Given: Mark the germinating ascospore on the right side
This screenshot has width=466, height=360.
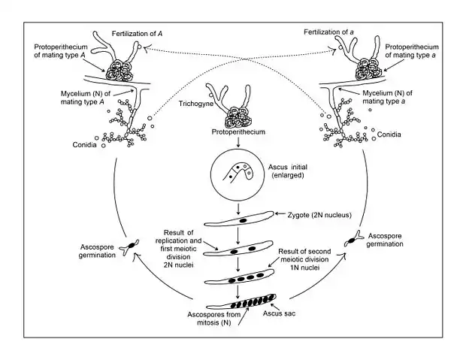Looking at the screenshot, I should (x=351, y=238).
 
